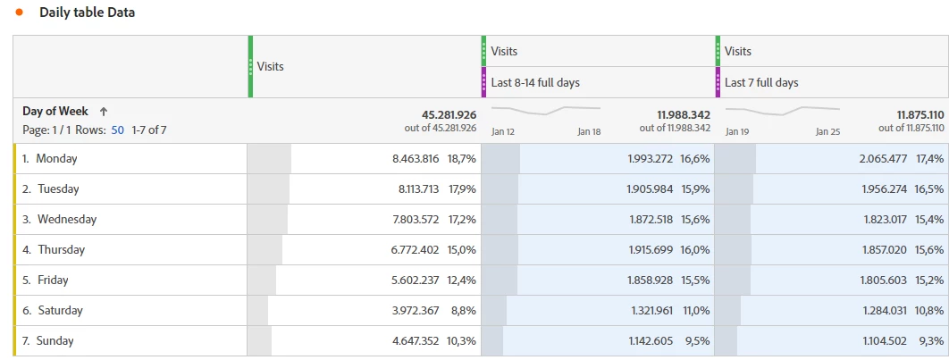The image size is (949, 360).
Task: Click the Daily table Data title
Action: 87,13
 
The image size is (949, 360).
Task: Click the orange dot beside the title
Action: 19,13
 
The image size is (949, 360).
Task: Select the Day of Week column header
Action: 55,112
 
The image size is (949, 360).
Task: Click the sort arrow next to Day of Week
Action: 104,112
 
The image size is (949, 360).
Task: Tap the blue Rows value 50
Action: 117,130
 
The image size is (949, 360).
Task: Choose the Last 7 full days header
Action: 761,82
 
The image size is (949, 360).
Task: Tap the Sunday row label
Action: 55,341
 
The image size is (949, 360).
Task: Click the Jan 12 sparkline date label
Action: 503,132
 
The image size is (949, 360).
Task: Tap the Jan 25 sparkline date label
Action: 828,132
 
